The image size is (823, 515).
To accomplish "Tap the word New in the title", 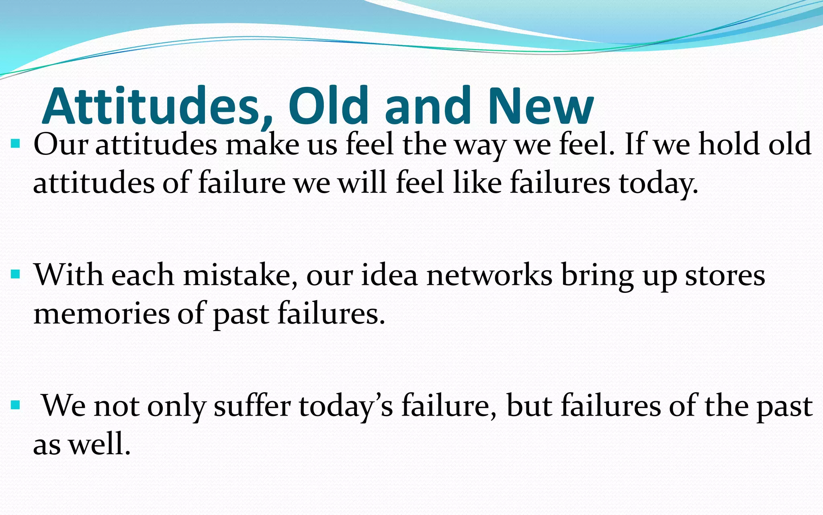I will (541, 106).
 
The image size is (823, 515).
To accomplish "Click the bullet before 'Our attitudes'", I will (16, 144).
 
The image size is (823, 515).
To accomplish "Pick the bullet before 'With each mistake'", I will (16, 274).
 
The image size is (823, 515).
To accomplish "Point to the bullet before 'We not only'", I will (16, 405).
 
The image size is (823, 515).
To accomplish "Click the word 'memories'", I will (101, 314).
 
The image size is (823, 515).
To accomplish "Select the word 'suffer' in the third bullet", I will (252, 406).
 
